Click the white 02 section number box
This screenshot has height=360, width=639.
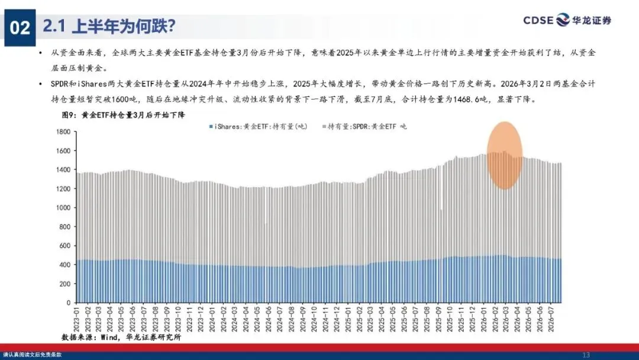pos(20,28)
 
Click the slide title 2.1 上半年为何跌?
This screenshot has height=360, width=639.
pos(109,26)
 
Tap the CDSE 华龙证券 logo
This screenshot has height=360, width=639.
pos(567,20)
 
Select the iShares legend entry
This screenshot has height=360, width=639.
pos(258,127)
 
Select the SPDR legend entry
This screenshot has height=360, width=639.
pos(364,127)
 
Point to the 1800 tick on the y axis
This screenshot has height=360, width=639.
pos(63,131)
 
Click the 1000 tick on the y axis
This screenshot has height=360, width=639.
pos(63,207)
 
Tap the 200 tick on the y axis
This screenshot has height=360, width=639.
pos(65,284)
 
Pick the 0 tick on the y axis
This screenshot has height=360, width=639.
pos(69,303)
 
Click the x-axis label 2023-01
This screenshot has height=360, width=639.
pos(76,319)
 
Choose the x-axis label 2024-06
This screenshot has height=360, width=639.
pos(268,319)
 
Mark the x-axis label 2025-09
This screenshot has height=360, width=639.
pos(438,319)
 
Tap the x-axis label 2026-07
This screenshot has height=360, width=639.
pos(551,319)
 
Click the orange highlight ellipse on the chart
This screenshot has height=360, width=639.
pos(505,155)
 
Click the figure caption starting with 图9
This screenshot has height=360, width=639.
pos(124,115)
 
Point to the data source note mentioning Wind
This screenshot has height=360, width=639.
pos(121,337)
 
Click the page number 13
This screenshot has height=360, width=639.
pos(586,355)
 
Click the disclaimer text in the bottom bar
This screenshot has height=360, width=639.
pos(32,355)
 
